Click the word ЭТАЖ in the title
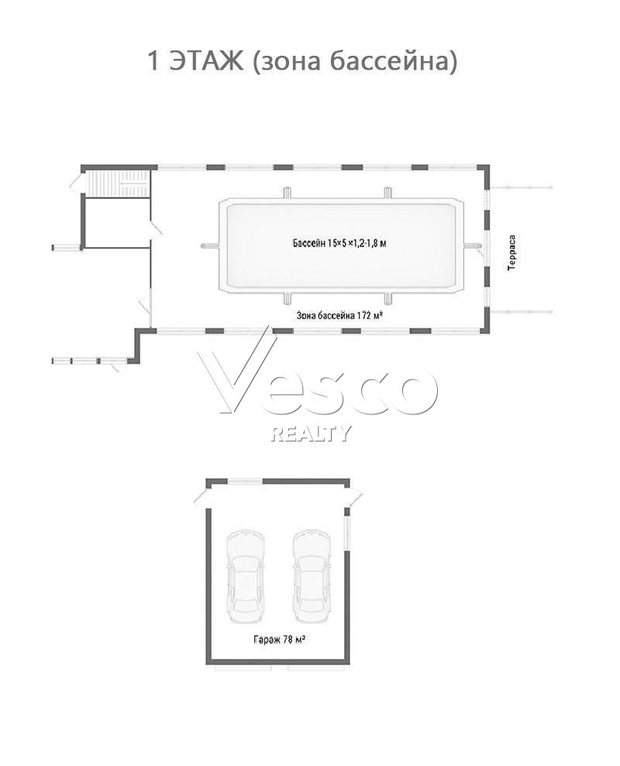click(206, 60)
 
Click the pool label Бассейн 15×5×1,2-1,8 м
click(339, 242)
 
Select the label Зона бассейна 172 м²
click(339, 315)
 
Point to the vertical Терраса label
click(511, 252)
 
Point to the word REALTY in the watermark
click(311, 433)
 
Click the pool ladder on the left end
click(210, 246)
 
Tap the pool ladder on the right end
click(470, 246)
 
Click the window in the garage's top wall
click(245, 482)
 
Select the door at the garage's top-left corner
click(202, 496)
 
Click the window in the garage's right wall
click(346, 533)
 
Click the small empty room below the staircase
click(117, 222)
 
